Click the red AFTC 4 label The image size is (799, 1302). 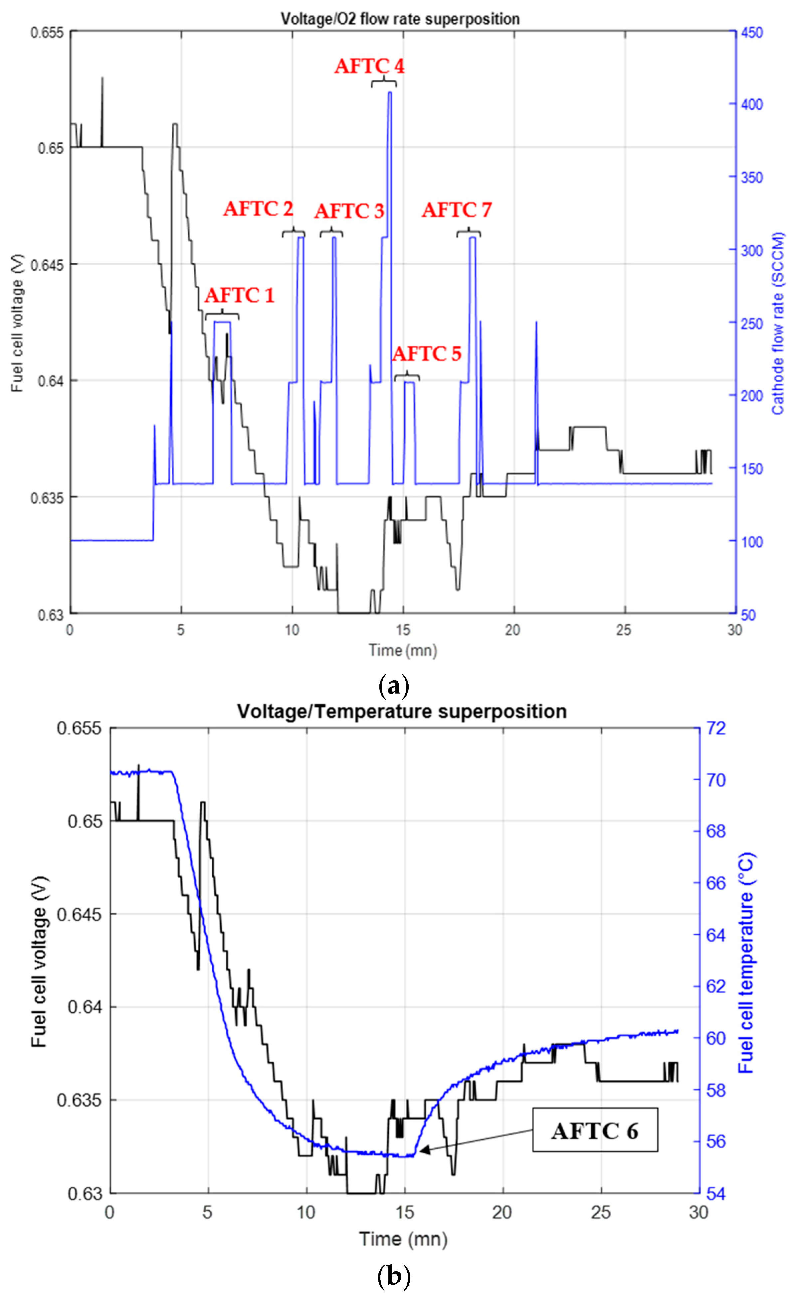[369, 66]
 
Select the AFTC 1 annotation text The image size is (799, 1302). [240, 295]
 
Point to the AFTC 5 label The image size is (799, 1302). [426, 353]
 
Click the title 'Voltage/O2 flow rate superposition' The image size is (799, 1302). [400, 19]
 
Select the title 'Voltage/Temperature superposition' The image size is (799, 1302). [401, 711]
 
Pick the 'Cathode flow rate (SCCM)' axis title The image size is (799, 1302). [777, 323]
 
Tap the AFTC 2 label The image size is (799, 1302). [258, 209]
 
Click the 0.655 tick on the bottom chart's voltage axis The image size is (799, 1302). [79, 728]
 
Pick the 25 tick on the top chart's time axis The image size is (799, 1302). [623, 630]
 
